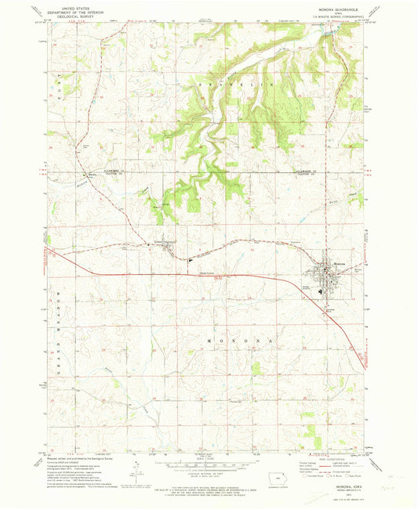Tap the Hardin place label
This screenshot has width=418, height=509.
point(93,174)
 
